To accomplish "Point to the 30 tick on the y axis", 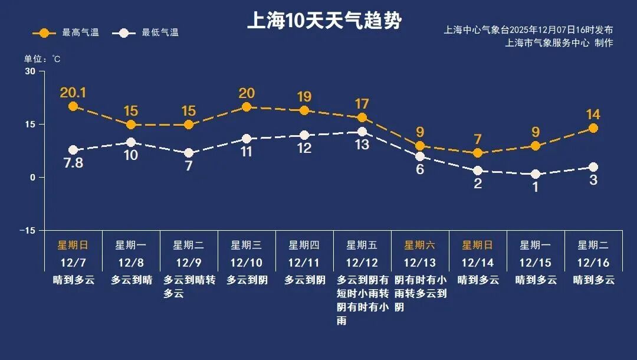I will (x=30, y=71).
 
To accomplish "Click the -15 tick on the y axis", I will (x=27, y=230).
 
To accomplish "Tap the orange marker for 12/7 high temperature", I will (x=73, y=106).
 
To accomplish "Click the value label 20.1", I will (x=73, y=93).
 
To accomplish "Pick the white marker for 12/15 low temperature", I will (x=536, y=174).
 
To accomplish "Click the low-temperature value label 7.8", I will (x=73, y=163).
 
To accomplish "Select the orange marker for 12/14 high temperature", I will (x=478, y=153).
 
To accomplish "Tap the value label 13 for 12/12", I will (x=362, y=145).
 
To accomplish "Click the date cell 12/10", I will (x=246, y=262).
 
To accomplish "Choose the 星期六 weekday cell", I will (x=419, y=245).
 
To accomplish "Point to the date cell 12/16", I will (x=593, y=262).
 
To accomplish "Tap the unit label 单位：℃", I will (x=42, y=59).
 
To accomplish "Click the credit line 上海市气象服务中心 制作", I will (x=559, y=42).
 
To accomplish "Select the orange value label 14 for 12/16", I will (x=593, y=114).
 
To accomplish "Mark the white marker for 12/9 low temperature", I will (x=189, y=153).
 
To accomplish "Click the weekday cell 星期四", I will (x=304, y=245).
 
